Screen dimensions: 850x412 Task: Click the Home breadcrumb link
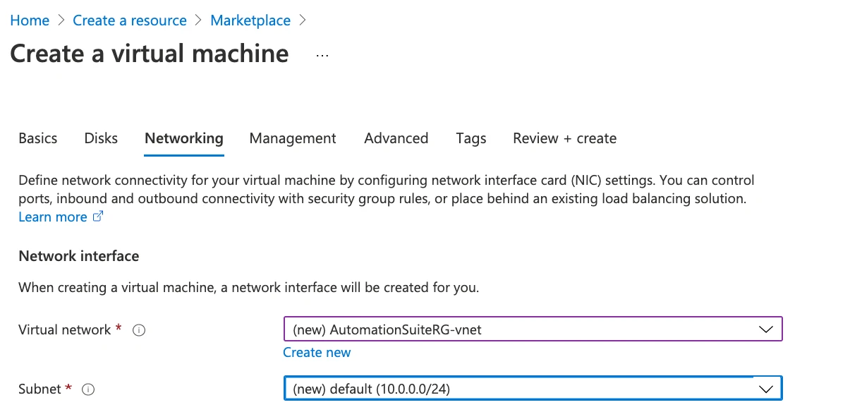pyautogui.click(x=30, y=20)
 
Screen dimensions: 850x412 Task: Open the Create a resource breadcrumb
pyautogui.click(x=130, y=20)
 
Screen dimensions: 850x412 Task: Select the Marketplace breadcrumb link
pyautogui.click(x=250, y=20)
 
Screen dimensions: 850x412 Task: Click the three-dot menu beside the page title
pyautogui.click(x=322, y=56)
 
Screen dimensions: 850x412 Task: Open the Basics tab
pyautogui.click(x=38, y=138)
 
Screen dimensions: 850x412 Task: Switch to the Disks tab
pyautogui.click(x=101, y=138)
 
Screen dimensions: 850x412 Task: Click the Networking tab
pyautogui.click(x=184, y=138)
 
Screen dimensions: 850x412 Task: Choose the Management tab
pyautogui.click(x=293, y=138)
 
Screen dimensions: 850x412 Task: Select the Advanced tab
pyautogui.click(x=396, y=138)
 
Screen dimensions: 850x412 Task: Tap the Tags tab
pyautogui.click(x=471, y=138)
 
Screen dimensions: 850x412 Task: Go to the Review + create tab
pyautogui.click(x=564, y=138)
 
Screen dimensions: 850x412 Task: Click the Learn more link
pyautogui.click(x=53, y=217)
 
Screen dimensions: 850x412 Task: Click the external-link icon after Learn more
pyautogui.click(x=98, y=217)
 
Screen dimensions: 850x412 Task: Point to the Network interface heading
pyautogui.click(x=79, y=256)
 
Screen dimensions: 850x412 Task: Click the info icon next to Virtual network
pyautogui.click(x=139, y=330)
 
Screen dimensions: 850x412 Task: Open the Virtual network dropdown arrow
pyautogui.click(x=766, y=329)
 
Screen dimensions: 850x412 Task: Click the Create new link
pyautogui.click(x=317, y=353)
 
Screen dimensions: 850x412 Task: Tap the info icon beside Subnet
pyautogui.click(x=88, y=389)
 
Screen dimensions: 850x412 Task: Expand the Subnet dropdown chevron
pyautogui.click(x=766, y=389)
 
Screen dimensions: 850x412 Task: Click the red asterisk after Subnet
pyautogui.click(x=68, y=387)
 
